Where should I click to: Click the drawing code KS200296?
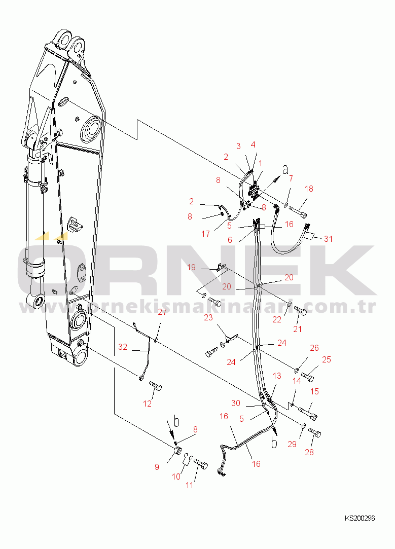[360, 518]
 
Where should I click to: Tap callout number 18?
[309, 189]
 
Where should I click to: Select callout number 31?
[328, 239]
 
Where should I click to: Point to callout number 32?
[123, 347]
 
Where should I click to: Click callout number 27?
[162, 312]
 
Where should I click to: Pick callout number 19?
[191, 268]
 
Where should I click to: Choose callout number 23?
[208, 317]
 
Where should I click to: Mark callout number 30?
[236, 403]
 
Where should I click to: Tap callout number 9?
[157, 467]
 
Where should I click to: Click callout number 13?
[277, 376]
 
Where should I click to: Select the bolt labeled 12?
[156, 386]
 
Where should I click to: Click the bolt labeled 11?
[201, 464]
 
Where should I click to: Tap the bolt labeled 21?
[300, 310]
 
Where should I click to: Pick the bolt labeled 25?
[308, 377]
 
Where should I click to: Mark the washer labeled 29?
[303, 425]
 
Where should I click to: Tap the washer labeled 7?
[286, 204]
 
